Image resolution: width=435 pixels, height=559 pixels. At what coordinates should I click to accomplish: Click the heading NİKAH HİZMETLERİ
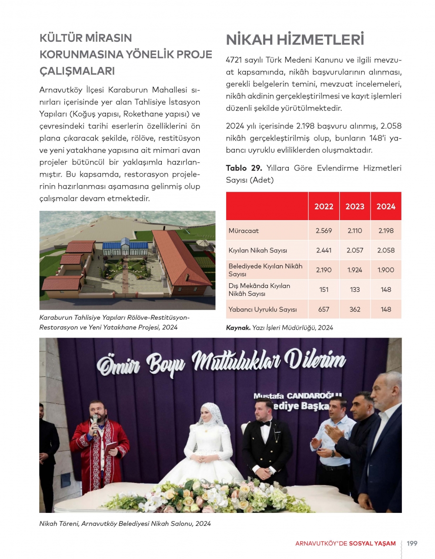click(295, 40)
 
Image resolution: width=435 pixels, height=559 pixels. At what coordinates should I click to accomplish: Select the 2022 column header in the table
click(324, 206)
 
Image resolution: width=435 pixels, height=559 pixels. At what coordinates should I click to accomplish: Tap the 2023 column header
click(355, 206)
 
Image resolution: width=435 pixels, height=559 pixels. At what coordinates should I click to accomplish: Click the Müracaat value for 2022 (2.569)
click(324, 231)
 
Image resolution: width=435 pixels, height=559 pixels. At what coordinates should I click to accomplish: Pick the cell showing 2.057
click(355, 250)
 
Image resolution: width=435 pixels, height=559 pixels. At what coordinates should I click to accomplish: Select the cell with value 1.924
click(355, 270)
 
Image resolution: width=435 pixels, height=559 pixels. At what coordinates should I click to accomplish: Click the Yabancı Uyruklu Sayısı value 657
click(324, 309)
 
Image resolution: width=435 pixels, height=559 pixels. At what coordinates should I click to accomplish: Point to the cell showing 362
click(355, 309)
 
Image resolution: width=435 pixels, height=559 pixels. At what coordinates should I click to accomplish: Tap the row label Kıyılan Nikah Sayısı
click(258, 250)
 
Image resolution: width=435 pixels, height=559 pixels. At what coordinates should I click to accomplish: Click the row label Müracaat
click(244, 231)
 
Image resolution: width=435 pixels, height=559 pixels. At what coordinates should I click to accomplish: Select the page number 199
click(412, 543)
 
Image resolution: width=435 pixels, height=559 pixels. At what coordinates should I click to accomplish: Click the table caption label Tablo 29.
click(244, 168)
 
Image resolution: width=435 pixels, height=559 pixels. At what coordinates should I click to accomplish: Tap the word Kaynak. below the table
click(238, 328)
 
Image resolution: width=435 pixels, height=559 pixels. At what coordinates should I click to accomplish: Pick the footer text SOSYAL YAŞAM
click(372, 543)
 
